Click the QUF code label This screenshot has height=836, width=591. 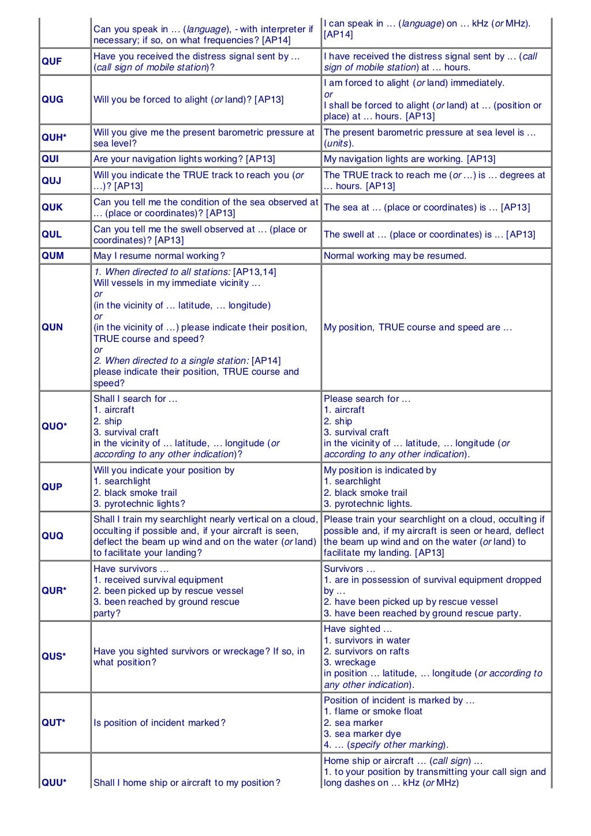click(x=51, y=62)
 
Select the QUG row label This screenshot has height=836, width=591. click(x=53, y=100)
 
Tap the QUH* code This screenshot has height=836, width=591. click(x=54, y=138)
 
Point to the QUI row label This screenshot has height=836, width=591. click(x=50, y=159)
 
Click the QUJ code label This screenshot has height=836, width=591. click(x=51, y=180)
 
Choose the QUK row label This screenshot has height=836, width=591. click(x=52, y=208)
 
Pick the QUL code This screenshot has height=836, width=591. click(x=51, y=235)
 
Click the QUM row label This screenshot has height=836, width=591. click(x=53, y=256)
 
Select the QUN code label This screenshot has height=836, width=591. click(x=52, y=327)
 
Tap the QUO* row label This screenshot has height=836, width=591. click(x=54, y=427)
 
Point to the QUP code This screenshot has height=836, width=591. click(x=52, y=487)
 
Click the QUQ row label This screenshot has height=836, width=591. click(x=53, y=536)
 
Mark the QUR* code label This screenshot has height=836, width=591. click(x=54, y=591)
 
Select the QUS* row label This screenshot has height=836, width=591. click(x=54, y=657)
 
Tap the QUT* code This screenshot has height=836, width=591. click(x=53, y=723)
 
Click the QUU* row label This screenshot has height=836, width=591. click(x=54, y=783)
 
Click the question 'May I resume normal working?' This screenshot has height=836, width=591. click(x=159, y=256)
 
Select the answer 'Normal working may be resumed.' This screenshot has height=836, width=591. click(x=395, y=256)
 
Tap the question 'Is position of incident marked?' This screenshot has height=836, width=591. click(x=159, y=723)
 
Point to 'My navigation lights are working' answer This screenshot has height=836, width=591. click(x=409, y=159)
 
